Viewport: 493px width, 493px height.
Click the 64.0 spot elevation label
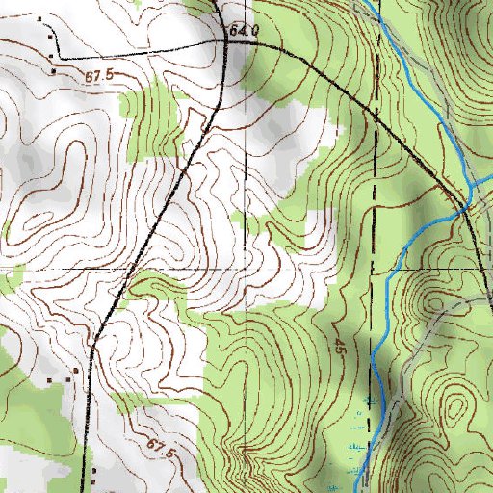[245, 31]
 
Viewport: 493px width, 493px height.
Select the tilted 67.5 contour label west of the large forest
[161, 447]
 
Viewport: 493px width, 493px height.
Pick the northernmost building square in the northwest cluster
[39, 19]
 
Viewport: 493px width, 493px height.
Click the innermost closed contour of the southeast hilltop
[454, 409]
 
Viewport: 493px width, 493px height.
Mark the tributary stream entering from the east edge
[481, 178]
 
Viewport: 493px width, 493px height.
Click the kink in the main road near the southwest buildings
[92, 352]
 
